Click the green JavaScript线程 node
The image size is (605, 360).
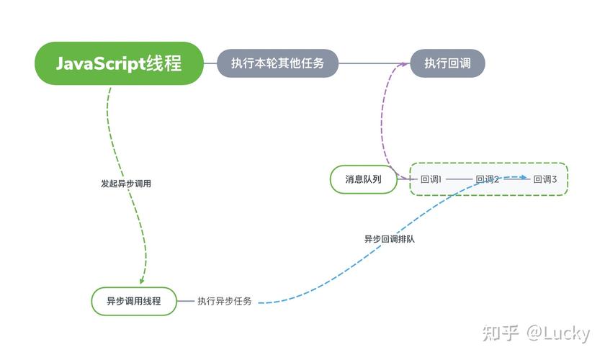120,63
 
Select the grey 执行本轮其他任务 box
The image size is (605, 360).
278,63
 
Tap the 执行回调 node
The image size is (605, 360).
447,63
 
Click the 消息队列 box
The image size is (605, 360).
364,179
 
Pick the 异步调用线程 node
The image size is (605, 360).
134,301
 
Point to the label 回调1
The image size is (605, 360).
431,179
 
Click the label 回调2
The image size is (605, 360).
488,179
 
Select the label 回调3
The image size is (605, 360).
545,179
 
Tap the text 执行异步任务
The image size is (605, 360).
225,301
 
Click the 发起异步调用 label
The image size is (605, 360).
126,184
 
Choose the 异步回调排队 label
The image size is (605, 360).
390,238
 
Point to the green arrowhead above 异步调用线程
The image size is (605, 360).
142,279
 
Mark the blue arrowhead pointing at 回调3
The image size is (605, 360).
526,177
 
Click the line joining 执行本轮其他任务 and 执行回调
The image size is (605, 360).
375,63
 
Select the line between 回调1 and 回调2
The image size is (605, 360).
459,179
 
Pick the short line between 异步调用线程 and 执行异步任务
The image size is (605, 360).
186,301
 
